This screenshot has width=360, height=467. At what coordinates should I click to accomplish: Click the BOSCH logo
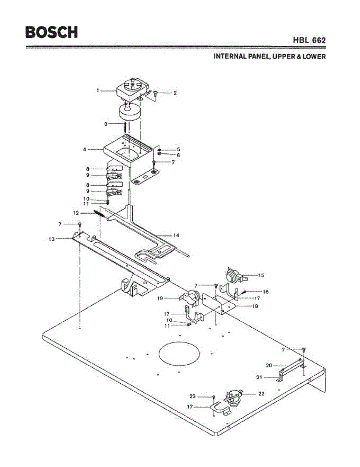coord(51,32)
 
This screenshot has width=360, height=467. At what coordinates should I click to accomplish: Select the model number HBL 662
coord(309,40)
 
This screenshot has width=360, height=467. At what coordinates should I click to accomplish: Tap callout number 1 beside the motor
coord(98,90)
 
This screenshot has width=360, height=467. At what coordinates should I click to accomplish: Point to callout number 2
coord(175,93)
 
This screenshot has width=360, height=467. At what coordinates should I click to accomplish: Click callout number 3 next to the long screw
coord(105,124)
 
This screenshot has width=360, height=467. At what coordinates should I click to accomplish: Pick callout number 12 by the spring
coord(76,213)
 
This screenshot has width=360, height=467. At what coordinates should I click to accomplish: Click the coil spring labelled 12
coord(99,213)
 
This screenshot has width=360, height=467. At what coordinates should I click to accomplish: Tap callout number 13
coord(52,239)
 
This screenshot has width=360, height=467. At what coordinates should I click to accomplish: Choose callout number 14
coord(176,235)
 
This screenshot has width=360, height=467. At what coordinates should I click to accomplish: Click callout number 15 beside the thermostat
coord(261,275)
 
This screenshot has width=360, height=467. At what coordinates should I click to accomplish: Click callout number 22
coord(262,393)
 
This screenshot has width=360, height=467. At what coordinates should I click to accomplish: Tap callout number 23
coord(193,396)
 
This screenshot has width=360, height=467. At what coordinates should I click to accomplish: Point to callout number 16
coord(265,291)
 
